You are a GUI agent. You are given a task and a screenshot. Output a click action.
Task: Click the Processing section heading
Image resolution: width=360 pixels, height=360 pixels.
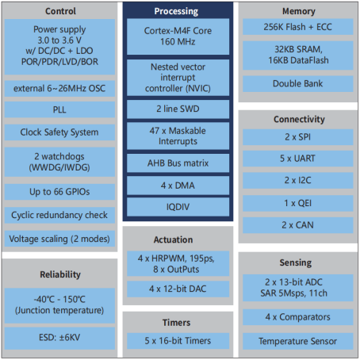click(176, 11)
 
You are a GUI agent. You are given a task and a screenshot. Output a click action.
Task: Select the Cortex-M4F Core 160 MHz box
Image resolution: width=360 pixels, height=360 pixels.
click(178, 36)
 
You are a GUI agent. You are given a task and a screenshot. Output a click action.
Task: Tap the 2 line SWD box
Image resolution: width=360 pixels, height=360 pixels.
click(178, 109)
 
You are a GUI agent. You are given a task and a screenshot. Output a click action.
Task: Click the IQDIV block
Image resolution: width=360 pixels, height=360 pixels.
click(178, 207)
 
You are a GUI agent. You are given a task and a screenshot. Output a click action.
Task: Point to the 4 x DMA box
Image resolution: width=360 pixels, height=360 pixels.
click(178, 186)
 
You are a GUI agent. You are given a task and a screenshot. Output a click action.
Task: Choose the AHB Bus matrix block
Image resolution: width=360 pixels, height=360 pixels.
click(178, 163)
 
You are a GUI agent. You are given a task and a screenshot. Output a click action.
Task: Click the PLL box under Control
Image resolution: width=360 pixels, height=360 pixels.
click(59, 109)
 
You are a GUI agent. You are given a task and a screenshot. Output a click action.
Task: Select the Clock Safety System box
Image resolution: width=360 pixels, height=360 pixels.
click(59, 132)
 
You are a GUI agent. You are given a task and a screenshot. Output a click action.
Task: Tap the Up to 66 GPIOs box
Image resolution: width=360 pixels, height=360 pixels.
click(59, 192)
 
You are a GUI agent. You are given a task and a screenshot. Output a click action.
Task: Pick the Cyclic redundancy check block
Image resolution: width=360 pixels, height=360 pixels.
click(59, 215)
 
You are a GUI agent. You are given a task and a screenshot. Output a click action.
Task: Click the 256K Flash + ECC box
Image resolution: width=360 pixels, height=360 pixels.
click(298, 27)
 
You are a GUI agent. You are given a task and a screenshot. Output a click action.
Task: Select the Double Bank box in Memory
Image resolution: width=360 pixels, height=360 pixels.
click(298, 84)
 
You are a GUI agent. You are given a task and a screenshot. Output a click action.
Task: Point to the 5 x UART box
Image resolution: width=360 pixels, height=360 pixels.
click(298, 159)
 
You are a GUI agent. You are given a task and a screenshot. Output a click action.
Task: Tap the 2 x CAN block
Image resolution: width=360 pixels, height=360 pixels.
click(298, 225)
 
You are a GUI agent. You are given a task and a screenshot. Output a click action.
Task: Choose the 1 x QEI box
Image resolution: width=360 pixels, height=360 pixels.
click(298, 203)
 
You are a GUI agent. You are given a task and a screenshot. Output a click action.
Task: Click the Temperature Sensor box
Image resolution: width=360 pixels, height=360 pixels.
click(298, 341)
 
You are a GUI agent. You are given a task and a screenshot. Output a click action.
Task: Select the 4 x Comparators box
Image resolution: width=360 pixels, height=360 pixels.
click(298, 317)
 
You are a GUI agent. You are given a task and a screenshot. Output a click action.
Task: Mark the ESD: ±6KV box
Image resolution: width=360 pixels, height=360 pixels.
click(59, 338)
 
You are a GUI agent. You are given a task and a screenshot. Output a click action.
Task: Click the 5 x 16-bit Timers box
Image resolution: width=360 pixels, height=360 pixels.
click(178, 341)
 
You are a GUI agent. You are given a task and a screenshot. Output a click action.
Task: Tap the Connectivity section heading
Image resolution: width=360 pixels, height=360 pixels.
click(299, 119)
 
